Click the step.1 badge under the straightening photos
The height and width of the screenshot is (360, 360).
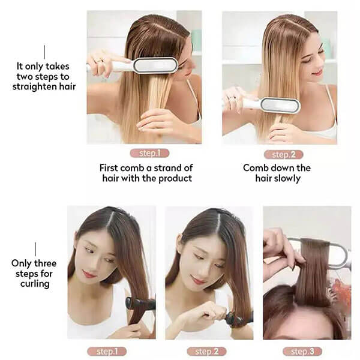[x=149, y=153]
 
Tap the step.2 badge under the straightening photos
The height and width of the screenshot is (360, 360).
[x=284, y=155]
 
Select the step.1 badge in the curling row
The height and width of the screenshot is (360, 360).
[x=107, y=351]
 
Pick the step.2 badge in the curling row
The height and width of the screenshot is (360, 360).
[x=206, y=351]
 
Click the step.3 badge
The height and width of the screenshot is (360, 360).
[x=302, y=351]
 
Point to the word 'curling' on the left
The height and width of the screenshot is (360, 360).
[x=35, y=284]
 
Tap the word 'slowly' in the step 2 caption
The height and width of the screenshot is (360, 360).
[x=288, y=178]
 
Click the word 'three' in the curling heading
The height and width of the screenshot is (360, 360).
[x=44, y=263]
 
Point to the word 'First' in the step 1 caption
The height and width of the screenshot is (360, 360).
[x=109, y=168]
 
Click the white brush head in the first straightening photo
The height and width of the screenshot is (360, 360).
[x=155, y=65]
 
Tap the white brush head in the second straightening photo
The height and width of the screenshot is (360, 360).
[x=281, y=106]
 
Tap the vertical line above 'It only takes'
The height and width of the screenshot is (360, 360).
[x=44, y=52]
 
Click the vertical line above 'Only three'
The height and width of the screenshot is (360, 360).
[x=35, y=249]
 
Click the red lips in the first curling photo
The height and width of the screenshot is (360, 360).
[x=88, y=274]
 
